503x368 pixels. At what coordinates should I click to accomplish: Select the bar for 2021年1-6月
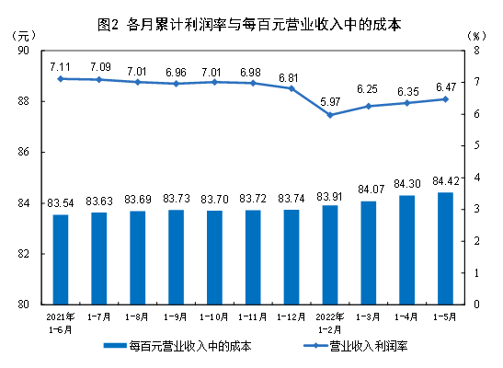click(60, 259)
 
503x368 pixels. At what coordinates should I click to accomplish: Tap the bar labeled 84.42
click(444, 247)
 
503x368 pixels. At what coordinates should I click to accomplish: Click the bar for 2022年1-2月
click(329, 254)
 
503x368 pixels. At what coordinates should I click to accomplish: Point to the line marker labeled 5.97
click(329, 115)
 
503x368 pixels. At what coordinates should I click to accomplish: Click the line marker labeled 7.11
click(60, 79)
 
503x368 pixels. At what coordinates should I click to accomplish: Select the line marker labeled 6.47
click(444, 99)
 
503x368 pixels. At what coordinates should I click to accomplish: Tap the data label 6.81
click(291, 76)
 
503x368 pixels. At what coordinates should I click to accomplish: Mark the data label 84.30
click(406, 183)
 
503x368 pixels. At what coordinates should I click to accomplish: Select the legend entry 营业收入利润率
click(361, 347)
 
